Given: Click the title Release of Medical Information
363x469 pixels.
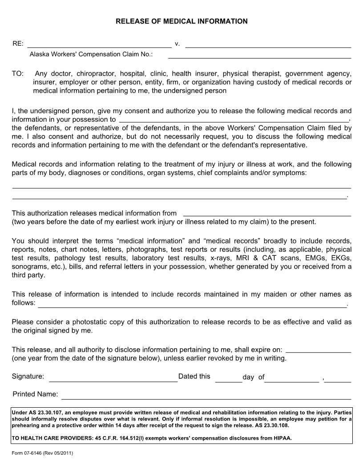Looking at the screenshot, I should tap(181, 21).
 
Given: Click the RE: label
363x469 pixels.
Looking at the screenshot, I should tap(18, 44).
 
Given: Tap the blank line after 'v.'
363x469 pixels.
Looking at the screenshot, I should tap(268, 44).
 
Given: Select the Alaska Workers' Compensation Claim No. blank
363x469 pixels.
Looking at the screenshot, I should tap(259, 55).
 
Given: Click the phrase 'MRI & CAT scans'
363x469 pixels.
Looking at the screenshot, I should tap(272, 258).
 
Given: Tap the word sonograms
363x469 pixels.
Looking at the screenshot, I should tap(27, 266).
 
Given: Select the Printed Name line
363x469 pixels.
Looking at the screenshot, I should tap(206, 396).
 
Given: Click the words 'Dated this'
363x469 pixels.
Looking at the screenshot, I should tap(194, 376).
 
